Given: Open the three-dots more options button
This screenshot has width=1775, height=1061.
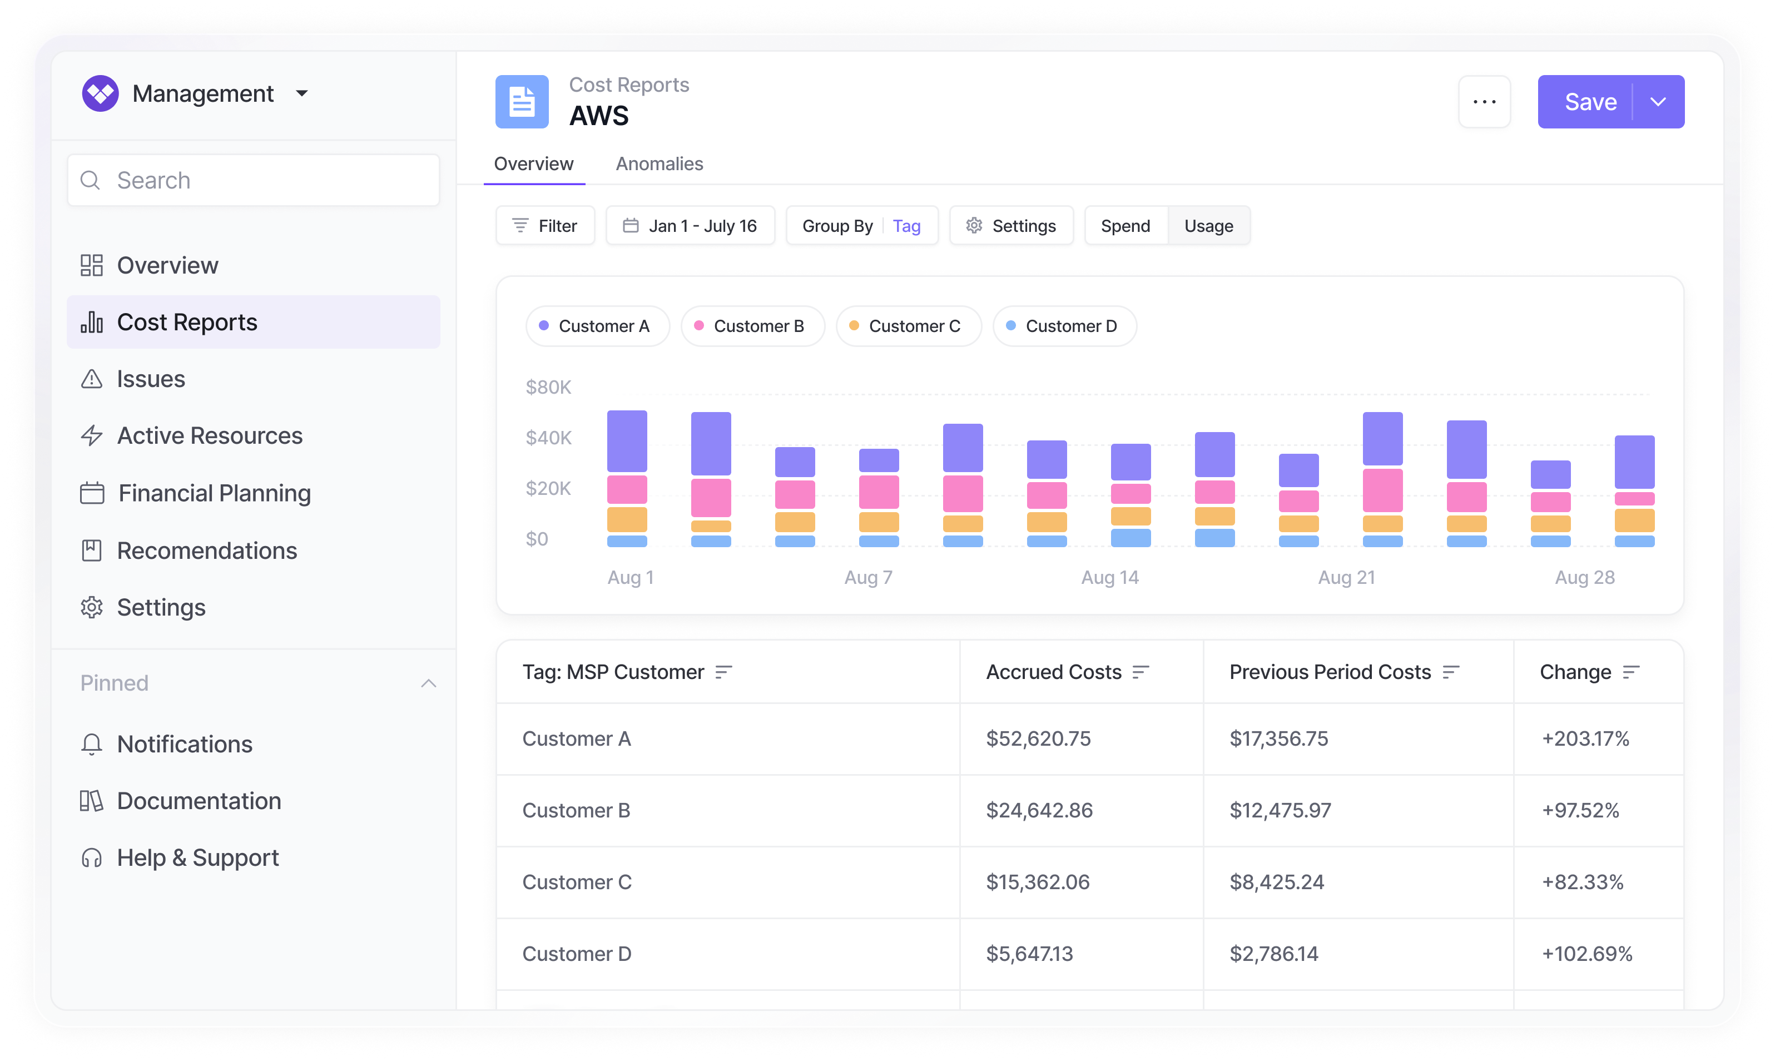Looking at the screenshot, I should point(1484,102).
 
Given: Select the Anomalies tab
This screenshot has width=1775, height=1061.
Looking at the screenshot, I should point(659,163).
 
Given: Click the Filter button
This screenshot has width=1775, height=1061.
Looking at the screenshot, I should point(545,226).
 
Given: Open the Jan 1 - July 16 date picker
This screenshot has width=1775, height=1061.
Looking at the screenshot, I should point(690,226).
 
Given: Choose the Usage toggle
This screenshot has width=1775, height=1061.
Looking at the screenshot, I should point(1208,226).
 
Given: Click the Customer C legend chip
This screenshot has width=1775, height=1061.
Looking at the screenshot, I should point(908,326).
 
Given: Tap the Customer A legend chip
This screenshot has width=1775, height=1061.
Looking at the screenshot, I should point(598,326).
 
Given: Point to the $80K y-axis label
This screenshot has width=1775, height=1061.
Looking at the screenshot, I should point(548,388).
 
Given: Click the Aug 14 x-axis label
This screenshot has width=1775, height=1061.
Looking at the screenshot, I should point(1109,578).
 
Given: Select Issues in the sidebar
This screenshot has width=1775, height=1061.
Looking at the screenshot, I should point(151,379).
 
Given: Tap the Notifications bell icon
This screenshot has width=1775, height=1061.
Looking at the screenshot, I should point(92,744).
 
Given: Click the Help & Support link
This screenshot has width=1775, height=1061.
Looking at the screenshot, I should point(197,858).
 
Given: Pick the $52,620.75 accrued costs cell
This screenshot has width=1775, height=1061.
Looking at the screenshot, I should point(1038,738).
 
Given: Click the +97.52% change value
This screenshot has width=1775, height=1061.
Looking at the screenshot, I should point(1580,810).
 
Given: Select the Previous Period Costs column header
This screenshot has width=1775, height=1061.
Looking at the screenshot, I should point(1330,672).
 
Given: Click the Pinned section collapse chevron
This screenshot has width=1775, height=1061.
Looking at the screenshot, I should point(428,683).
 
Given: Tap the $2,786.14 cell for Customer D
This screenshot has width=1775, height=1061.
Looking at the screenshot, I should point(1273,954).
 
